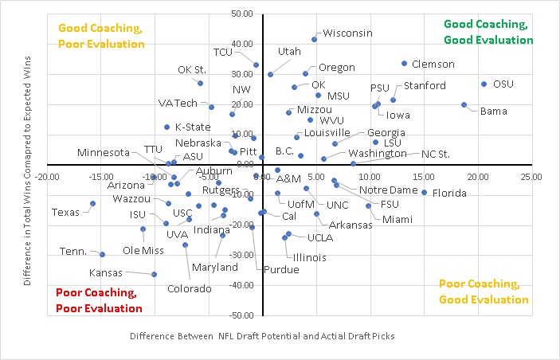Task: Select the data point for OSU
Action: [x=484, y=84]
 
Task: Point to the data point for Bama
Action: [x=464, y=104]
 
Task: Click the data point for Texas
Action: [x=93, y=203]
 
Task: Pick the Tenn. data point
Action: [x=103, y=254]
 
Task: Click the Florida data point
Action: [x=425, y=192]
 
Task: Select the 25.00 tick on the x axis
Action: [x=531, y=176]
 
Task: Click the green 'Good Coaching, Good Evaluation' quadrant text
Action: [x=488, y=32]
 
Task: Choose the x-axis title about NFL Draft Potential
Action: [x=262, y=337]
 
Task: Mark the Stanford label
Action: [x=425, y=86]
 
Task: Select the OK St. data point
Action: [x=200, y=83]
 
